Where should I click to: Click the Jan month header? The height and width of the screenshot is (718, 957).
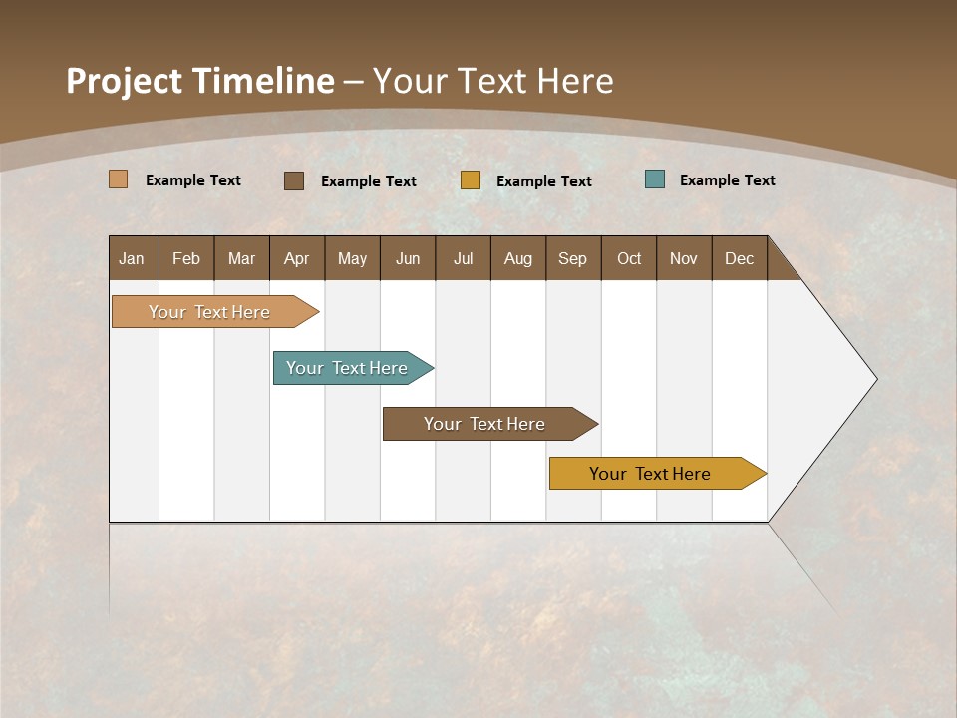[133, 258]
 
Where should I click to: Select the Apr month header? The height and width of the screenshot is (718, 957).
[297, 258]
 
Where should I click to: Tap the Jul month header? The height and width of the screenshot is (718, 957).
[463, 258]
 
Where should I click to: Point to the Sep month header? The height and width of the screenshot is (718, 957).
[573, 258]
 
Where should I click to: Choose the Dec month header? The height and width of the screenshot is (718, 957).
[739, 258]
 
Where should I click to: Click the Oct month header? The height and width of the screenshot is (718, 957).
[629, 258]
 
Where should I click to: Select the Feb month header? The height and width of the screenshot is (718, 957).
[186, 258]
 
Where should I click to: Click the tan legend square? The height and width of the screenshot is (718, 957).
[119, 179]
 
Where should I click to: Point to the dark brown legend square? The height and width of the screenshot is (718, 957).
[294, 180]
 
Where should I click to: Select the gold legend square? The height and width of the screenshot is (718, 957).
[471, 180]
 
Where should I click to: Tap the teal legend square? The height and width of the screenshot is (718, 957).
[655, 179]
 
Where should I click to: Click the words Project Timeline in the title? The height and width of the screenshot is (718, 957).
[199, 81]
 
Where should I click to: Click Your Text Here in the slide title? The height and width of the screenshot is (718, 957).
[493, 81]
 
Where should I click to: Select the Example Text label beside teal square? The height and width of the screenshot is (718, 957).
[727, 180]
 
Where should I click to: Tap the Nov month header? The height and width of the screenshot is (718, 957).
[684, 258]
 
